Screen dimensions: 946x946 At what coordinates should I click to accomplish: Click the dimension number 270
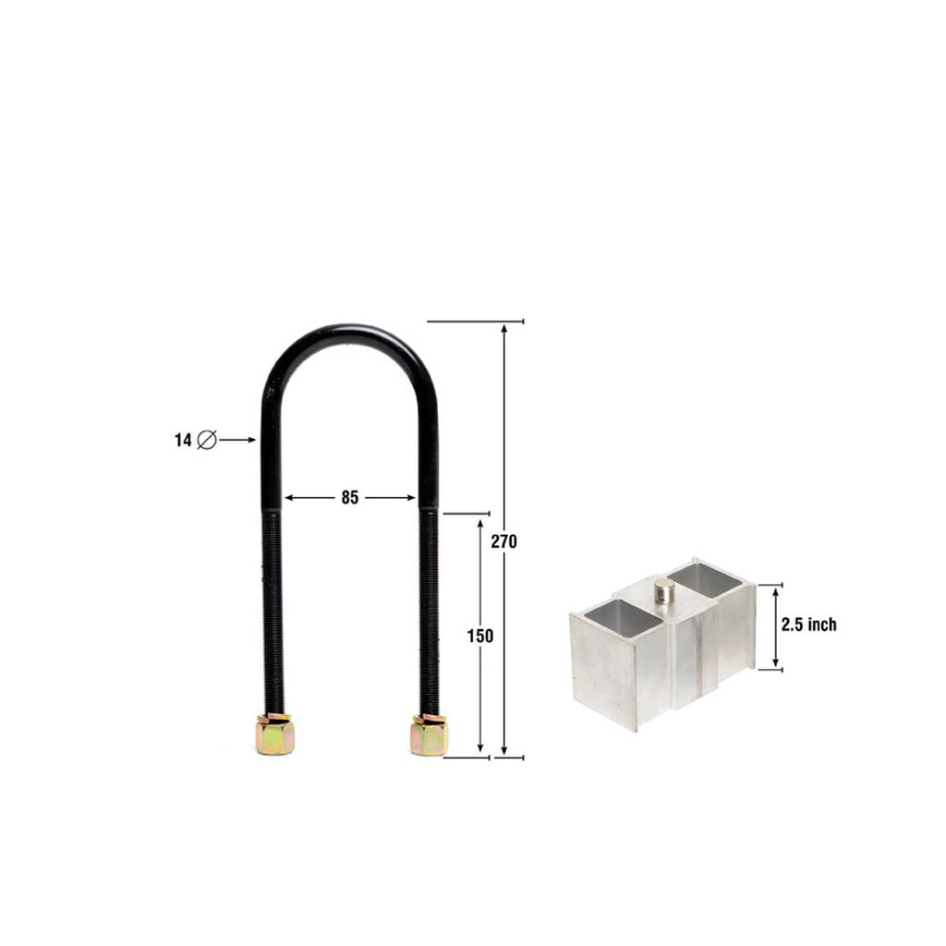503,541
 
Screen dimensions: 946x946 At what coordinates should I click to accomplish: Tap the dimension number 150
480,636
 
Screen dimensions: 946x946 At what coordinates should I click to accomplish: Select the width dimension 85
350,498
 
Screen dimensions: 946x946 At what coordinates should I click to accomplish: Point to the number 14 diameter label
183,441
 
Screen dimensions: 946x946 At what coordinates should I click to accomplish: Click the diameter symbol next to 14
207,440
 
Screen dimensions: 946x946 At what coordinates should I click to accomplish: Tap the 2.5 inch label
809,625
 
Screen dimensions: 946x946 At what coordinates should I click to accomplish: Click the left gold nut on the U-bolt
274,734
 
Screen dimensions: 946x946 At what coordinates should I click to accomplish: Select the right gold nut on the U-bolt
429,735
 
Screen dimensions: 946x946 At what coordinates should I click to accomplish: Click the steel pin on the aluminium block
665,590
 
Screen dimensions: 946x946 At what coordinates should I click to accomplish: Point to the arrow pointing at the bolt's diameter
237,440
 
